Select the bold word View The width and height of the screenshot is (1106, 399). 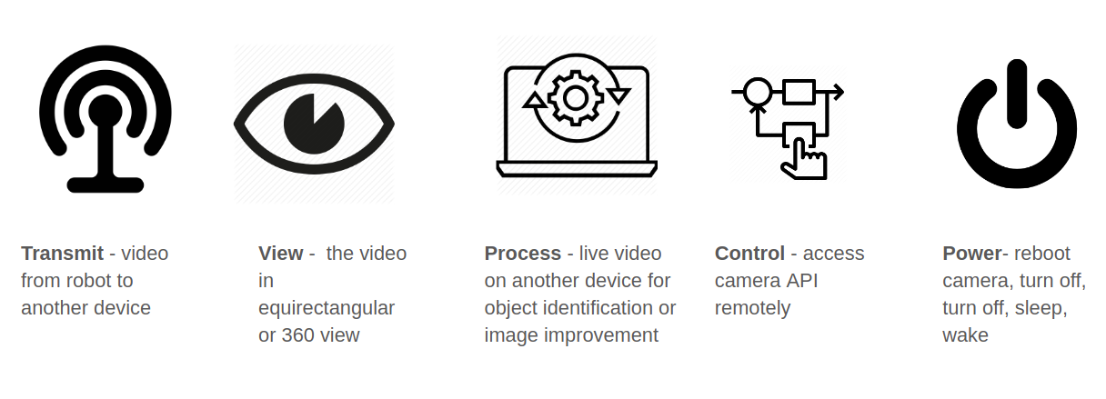280,254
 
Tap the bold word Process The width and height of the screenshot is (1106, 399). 522,254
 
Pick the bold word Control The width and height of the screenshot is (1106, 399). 749,254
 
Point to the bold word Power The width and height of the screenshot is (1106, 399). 971,254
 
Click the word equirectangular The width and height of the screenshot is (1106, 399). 326,308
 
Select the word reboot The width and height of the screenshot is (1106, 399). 1042,254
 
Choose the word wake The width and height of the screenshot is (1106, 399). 965,335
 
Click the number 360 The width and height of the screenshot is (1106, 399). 298,335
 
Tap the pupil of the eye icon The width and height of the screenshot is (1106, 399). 314,124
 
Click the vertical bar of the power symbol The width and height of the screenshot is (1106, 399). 1017,92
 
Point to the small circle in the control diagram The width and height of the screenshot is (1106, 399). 757,92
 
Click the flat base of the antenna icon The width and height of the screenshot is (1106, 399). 106,185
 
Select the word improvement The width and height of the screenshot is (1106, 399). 601,335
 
